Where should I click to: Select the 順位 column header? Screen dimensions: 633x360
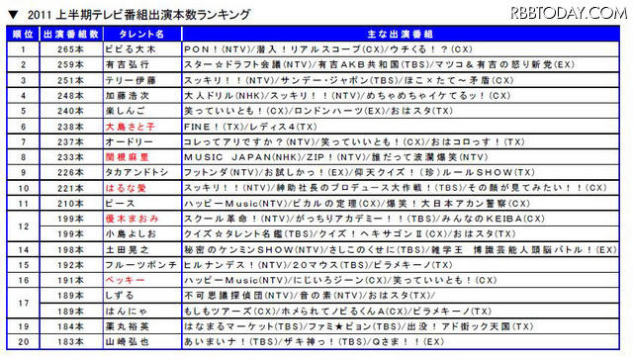click(21, 33)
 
